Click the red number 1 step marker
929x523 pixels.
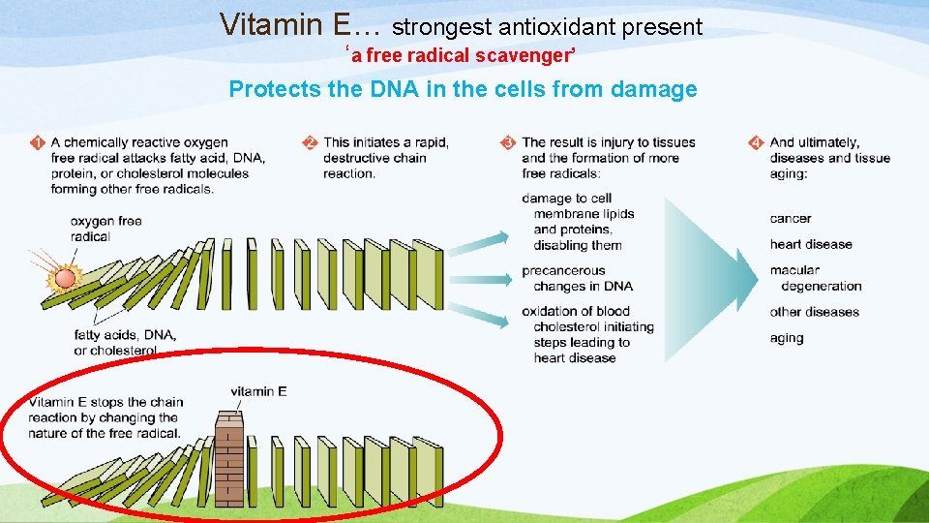tap(37, 143)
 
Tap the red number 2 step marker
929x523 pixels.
tap(310, 143)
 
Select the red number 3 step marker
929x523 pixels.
tap(508, 143)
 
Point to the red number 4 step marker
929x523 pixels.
tap(756, 143)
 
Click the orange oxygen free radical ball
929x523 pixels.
tap(65, 279)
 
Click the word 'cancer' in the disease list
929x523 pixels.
tap(791, 219)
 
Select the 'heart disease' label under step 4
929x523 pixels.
tap(811, 244)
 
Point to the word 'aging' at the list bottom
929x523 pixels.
tap(787, 338)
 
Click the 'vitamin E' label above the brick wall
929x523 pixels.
tap(258, 391)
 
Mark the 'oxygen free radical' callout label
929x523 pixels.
tap(105, 229)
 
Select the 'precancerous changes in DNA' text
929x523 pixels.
tap(577, 278)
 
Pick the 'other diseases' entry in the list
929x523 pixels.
tap(814, 312)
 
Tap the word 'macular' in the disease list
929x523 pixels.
tap(794, 270)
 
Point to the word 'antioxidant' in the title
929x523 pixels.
tap(555, 27)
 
